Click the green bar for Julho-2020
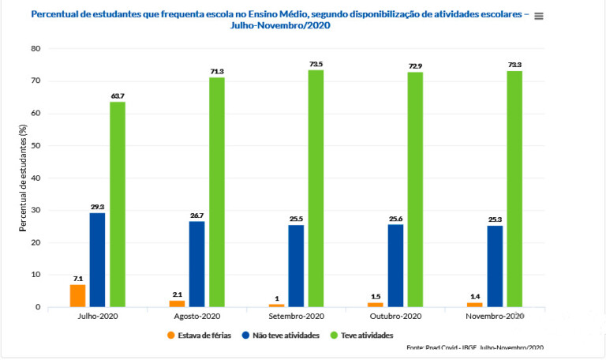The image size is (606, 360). coord(118,204)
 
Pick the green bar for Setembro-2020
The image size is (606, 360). coord(316,188)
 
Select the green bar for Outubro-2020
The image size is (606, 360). coord(415,189)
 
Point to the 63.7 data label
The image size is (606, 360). coord(118,96)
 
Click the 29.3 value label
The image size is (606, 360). coord(98,207)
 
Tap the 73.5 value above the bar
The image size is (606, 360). coord(316,63)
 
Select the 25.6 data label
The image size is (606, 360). coord(395,219)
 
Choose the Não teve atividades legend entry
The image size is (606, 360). coord(282,336)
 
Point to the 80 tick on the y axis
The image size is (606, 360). coord(36,49)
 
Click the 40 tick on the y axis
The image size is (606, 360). coord(36,178)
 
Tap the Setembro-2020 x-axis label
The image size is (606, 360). coord(296,316)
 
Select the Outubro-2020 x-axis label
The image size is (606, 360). coord(395,316)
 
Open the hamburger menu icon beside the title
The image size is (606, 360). coord(539,16)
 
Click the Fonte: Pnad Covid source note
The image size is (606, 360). coord(474,347)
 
